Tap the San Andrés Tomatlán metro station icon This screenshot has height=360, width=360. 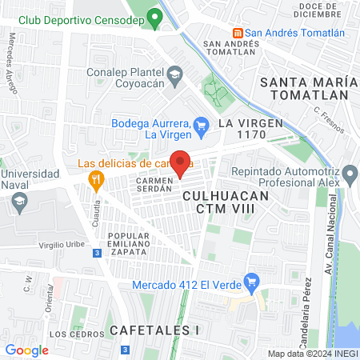pyautogui.click(x=238, y=33)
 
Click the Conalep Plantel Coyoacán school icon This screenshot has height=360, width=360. pyautogui.click(x=174, y=75)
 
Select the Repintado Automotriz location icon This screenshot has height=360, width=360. pyautogui.click(x=349, y=174)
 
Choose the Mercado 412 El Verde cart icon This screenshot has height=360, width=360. pyautogui.click(x=253, y=282)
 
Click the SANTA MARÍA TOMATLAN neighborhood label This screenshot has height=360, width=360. pyautogui.click(x=305, y=87)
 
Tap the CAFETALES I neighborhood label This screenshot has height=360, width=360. pyautogui.click(x=153, y=329)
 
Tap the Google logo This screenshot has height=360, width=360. pyautogui.click(x=26, y=350)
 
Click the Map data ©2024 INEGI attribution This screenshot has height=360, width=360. pyautogui.click(x=312, y=354)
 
